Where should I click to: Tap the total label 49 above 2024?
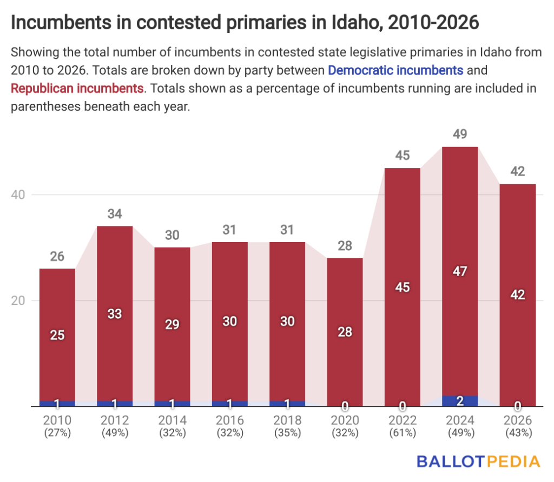coord(460,134)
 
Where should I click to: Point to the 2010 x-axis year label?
coord(57,420)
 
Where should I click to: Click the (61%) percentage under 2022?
coord(402,433)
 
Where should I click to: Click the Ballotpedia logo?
coord(478,461)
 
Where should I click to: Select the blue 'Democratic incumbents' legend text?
coord(395,70)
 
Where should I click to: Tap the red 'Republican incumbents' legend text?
coord(77,88)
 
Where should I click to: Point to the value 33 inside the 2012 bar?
coord(115,313)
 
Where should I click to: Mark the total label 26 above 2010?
coord(57,256)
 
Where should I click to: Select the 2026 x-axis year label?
coord(517,420)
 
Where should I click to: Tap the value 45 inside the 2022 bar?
coord(402,287)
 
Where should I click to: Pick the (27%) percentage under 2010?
coord(57,433)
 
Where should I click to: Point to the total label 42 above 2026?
coord(517,171)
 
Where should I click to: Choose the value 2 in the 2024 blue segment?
coord(460,401)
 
